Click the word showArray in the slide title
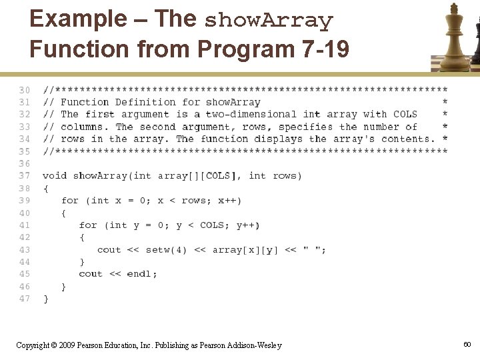tap(268, 21)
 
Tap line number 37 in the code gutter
tap(24, 176)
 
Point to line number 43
tap(24, 249)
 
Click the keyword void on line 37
tap(55, 176)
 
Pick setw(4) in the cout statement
tap(167, 250)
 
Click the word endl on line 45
tap(140, 274)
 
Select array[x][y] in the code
tap(245, 250)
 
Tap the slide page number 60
tap(467, 344)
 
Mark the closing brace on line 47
tap(46, 299)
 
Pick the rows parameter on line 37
tap(287, 176)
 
